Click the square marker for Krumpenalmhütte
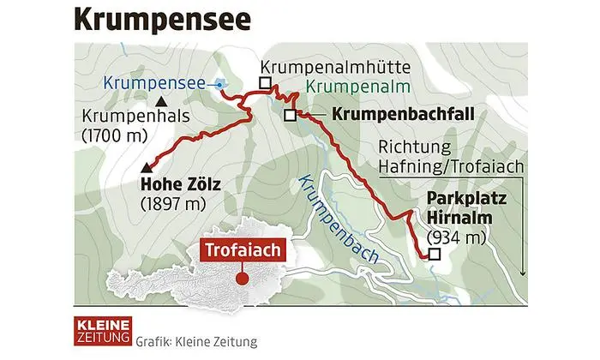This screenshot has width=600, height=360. pos(266,83)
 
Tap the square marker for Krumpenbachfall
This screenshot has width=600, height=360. pos(290,114)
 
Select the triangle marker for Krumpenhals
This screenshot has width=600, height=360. pos(161,103)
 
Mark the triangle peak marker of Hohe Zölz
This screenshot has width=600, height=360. pos(148,167)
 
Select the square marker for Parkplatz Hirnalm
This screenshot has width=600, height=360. pos(434,255)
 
